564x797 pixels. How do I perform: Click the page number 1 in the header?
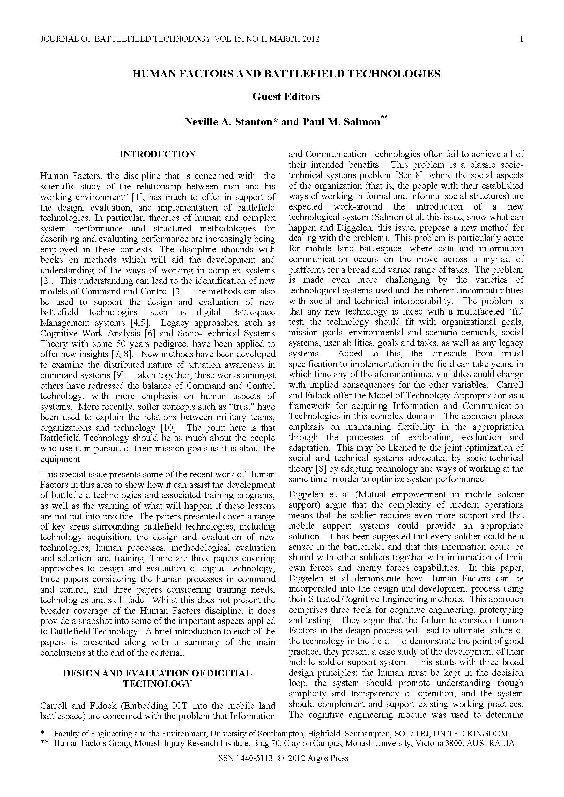click(x=521, y=39)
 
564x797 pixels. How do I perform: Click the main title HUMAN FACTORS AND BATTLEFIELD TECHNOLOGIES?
click(x=286, y=74)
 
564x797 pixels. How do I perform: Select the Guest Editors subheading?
click(x=286, y=96)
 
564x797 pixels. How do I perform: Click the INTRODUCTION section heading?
click(x=157, y=154)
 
